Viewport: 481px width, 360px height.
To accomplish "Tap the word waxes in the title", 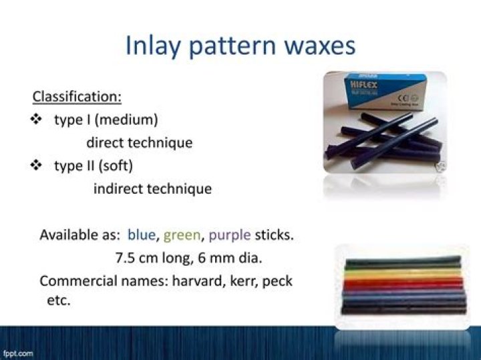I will (317, 45).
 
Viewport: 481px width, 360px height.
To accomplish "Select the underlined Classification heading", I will (77, 97).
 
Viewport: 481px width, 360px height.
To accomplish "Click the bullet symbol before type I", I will (37, 120).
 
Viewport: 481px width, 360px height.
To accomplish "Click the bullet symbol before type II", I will (37, 166).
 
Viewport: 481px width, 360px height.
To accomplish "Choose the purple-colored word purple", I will (230, 235).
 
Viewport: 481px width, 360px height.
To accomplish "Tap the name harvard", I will (201, 281).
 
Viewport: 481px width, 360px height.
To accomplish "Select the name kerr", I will (245, 281).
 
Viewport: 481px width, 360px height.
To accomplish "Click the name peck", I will (277, 281).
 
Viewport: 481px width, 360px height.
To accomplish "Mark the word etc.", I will (59, 301).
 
